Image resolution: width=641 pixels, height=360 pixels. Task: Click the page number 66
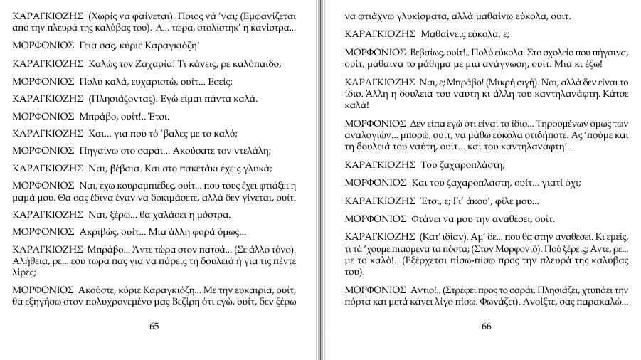tap(487, 327)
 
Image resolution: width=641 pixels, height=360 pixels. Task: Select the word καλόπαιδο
tap(257, 63)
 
